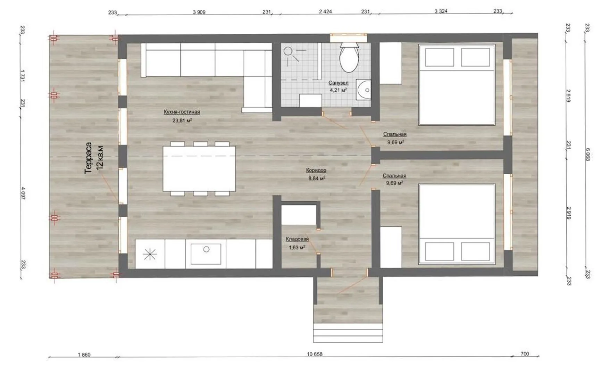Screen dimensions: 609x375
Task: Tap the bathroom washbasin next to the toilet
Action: pos(364,90)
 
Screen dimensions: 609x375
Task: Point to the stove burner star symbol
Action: pos(150,255)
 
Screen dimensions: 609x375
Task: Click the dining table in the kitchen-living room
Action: pos(199,168)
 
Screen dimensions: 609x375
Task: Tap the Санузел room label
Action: pos(338,83)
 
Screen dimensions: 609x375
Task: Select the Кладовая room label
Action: pos(297,239)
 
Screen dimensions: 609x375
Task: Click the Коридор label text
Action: pos(316,170)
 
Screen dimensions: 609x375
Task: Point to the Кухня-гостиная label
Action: pos(182,112)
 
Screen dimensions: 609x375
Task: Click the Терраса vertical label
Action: pos(89,158)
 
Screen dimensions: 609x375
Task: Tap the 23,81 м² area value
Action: pos(182,121)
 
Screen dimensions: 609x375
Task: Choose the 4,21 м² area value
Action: pos(339,90)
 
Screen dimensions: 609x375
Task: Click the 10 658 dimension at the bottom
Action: pos(315,355)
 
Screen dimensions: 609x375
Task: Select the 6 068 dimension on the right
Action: pos(588,155)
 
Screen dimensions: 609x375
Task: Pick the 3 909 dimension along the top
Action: pos(199,12)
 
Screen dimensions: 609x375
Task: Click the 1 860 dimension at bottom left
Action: pos(84,355)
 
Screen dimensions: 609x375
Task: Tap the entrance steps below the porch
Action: pos(348,333)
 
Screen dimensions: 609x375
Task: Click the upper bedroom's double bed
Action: pos(457,84)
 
